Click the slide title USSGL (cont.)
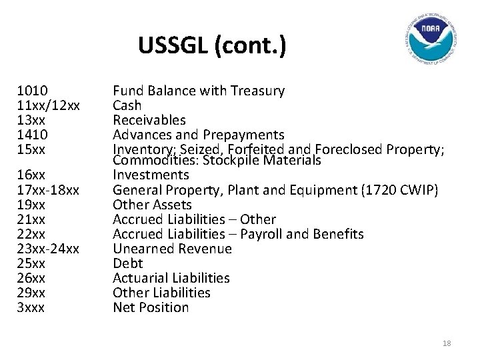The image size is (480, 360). [x=213, y=47]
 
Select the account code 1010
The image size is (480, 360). [x=32, y=91]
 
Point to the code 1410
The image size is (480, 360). [x=32, y=135]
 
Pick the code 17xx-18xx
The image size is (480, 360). [x=49, y=190]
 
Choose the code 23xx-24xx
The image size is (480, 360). [x=49, y=249]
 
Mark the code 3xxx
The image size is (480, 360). [x=31, y=307]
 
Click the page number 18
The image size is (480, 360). [x=447, y=343]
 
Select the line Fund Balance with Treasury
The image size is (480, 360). [x=199, y=91]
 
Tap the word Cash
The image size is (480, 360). [x=127, y=105]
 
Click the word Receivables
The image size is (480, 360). [x=149, y=120]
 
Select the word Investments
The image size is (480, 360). [x=151, y=175]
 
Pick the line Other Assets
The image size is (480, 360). [x=152, y=205]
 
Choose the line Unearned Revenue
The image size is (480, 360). [x=172, y=249]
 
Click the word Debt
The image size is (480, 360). [x=128, y=263]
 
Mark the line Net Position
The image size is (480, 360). [x=151, y=307]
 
